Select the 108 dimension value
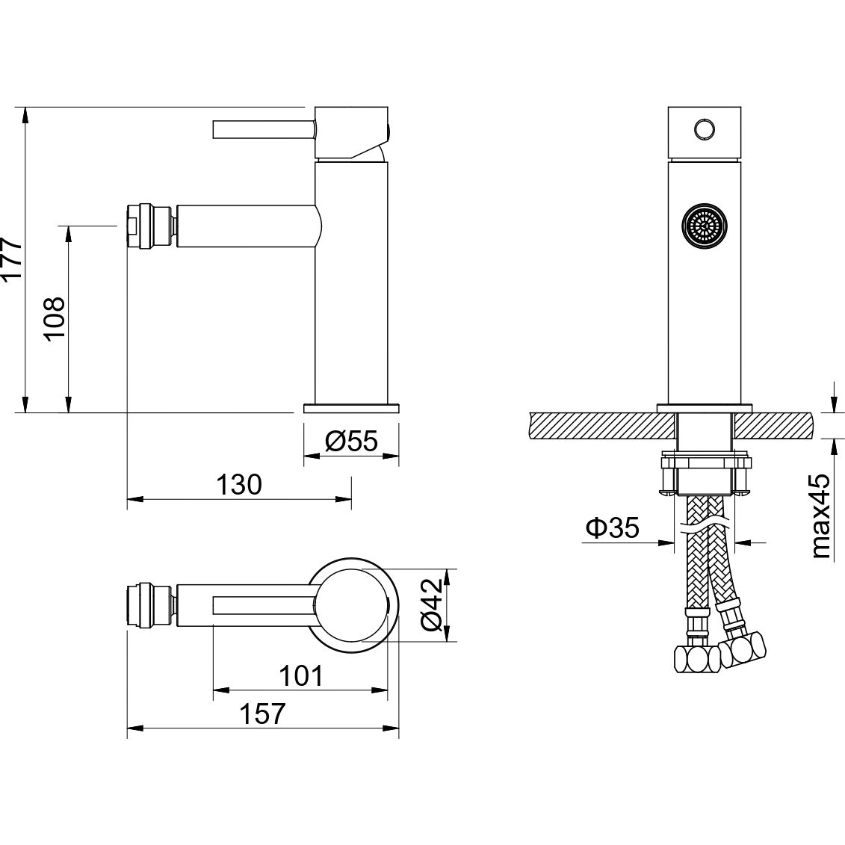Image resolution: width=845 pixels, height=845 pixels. coord(55,318)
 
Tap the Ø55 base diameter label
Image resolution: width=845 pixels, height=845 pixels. coord(351,442)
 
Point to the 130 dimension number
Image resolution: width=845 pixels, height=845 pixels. coord(239,484)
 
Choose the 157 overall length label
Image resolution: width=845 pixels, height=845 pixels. coord(262,714)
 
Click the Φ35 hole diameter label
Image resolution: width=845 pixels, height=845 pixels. coord(613,527)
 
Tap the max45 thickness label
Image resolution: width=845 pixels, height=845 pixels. coord(821,516)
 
